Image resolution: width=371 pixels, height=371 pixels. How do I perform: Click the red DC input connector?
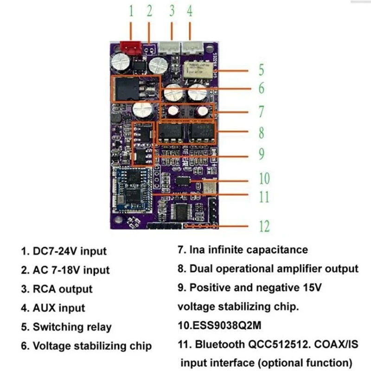(131, 46)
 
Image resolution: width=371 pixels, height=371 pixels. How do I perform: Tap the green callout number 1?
(131, 12)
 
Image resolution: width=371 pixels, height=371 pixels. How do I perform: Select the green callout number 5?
(262, 70)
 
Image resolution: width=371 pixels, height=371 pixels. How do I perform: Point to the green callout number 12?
(263, 226)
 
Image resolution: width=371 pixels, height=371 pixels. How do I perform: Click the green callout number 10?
(264, 179)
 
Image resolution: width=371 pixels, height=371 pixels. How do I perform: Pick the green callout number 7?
(262, 111)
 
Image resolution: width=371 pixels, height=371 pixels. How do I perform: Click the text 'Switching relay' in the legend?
(72, 327)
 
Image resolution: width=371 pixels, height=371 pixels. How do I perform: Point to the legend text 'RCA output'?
(63, 289)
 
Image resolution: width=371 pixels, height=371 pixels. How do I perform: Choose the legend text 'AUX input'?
(59, 308)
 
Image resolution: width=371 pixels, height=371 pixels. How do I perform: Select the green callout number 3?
(172, 12)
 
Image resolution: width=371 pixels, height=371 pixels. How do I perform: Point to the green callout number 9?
(262, 154)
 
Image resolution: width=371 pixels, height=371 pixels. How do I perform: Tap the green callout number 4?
(190, 12)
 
